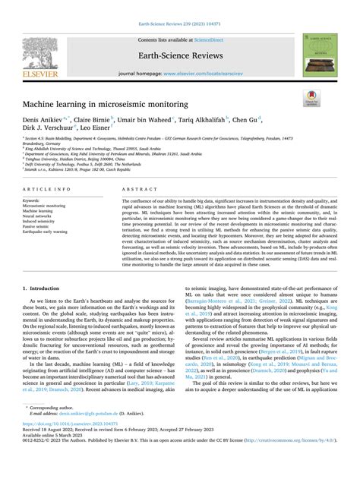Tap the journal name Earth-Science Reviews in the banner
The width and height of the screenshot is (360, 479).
pos(180,53)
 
